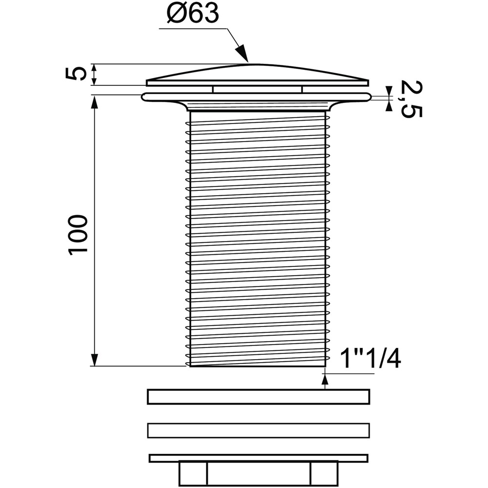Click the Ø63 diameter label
pyautogui.click(x=192, y=14)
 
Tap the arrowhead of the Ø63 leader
pyautogui.click(x=242, y=53)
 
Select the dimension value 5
pyautogui.click(x=76, y=74)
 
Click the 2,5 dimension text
pyautogui.click(x=411, y=99)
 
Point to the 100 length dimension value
pyautogui.click(x=78, y=235)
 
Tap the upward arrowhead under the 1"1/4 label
pyautogui.click(x=325, y=380)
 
